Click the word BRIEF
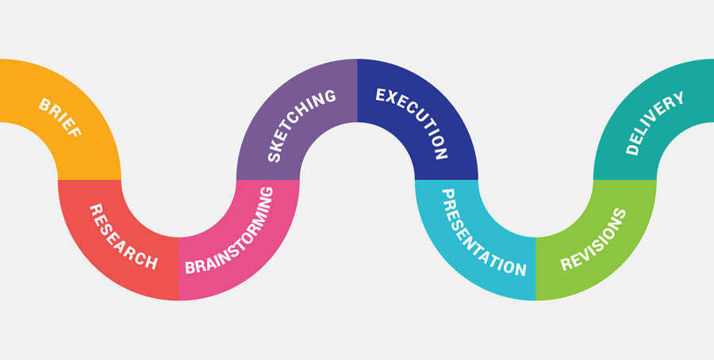[60, 118]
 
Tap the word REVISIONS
[594, 239]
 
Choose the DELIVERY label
[655, 123]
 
